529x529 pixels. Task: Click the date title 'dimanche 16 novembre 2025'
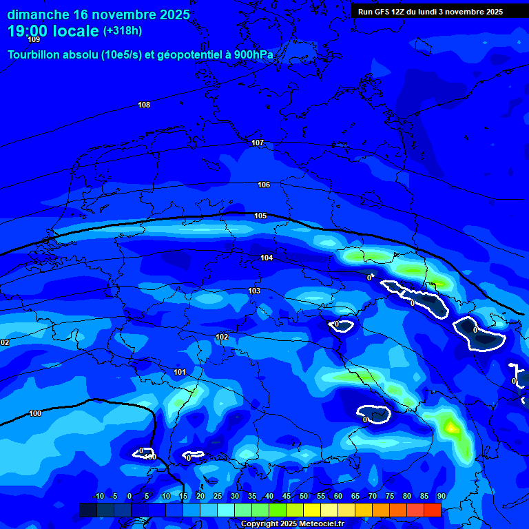pyautogui.click(x=98, y=14)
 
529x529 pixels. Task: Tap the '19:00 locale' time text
pyautogui.click(x=53, y=31)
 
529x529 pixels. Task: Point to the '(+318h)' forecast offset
pyautogui.click(x=123, y=31)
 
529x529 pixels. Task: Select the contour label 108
pyautogui.click(x=144, y=105)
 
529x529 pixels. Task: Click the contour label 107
pyautogui.click(x=258, y=143)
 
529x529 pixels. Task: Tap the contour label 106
pyautogui.click(x=264, y=185)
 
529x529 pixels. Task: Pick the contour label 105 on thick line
pyautogui.click(x=260, y=216)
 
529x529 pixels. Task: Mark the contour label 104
pyautogui.click(x=267, y=258)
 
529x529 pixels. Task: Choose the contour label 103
pyautogui.click(x=254, y=291)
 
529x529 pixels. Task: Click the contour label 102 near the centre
pyautogui.click(x=222, y=337)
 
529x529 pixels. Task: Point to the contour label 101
pyautogui.click(x=180, y=372)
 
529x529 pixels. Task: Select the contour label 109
pyautogui.click(x=34, y=39)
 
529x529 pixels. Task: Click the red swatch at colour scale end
pyautogui.click(x=432, y=510)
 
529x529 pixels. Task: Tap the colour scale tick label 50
pyautogui.click(x=304, y=496)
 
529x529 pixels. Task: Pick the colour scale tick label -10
pyautogui.click(x=98, y=496)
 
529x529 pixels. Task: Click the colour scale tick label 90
pyautogui.click(x=442, y=496)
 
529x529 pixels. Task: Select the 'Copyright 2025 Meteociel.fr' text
pyautogui.click(x=292, y=523)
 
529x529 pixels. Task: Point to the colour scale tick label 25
pyautogui.click(x=218, y=496)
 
